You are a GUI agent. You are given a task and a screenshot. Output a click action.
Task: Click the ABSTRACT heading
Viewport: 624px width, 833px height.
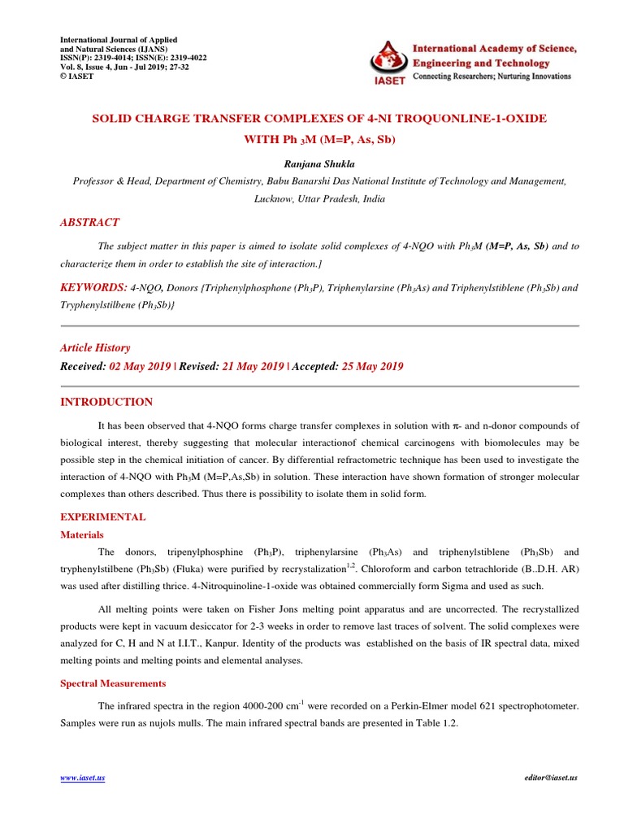pyautogui.click(x=90, y=222)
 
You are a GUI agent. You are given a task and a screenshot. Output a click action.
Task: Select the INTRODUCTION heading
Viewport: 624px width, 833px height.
pyautogui.click(x=107, y=402)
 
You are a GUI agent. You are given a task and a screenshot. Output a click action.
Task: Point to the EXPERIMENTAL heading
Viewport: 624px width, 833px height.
pyautogui.click(x=104, y=517)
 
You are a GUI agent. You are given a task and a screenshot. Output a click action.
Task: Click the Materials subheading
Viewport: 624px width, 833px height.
pyautogui.click(x=82, y=534)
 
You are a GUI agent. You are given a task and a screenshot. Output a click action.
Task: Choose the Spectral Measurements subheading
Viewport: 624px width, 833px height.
pyautogui.click(x=114, y=683)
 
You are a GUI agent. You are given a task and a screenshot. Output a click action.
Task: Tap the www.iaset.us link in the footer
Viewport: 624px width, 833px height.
pyautogui.click(x=83, y=778)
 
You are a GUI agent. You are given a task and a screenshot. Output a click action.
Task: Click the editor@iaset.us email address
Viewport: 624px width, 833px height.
pyautogui.click(x=551, y=778)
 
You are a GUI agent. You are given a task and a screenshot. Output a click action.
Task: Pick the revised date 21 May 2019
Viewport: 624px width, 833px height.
pyautogui.click(x=253, y=367)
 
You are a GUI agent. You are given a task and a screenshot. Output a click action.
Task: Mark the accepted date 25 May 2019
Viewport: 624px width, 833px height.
pyautogui.click(x=372, y=367)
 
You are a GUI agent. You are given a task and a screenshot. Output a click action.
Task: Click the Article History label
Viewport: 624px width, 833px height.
pyautogui.click(x=95, y=347)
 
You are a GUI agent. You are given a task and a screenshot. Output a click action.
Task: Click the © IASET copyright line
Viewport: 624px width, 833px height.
pyautogui.click(x=77, y=76)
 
